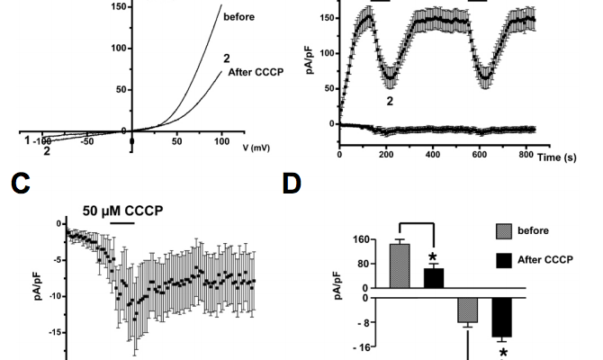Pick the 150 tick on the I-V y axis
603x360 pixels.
116,6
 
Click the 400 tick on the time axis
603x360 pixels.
432,154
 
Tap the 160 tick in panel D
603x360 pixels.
363,241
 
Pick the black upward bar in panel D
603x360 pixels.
434,277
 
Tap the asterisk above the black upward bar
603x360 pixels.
434,257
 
